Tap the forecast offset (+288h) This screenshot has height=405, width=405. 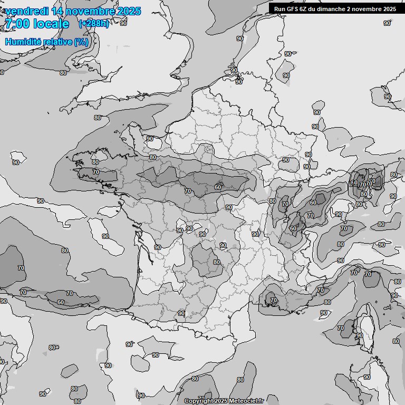pyautogui.click(x=93, y=24)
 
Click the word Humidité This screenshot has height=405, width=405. pyautogui.click(x=24, y=42)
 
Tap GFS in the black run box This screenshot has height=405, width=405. pyautogui.click(x=293, y=8)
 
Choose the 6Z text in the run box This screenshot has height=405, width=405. pyautogui.click(x=305, y=8)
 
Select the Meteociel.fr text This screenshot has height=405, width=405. pyautogui.click(x=246, y=401)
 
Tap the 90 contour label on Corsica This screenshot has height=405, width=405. pyautogui.click(x=359, y=335)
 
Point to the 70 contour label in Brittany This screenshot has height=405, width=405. pyautogui.click(x=95, y=172)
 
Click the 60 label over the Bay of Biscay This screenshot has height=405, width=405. pyautogui.click(x=61, y=302)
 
